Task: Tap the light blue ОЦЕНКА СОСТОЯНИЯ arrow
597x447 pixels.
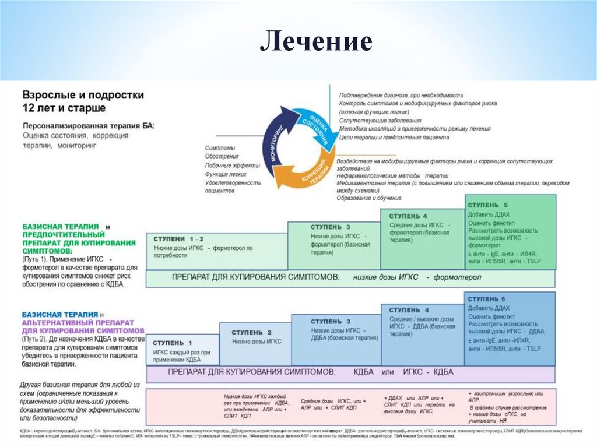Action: click(315, 123)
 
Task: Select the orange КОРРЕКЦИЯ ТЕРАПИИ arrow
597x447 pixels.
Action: click(313, 174)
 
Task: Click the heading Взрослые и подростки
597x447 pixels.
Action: click(83, 95)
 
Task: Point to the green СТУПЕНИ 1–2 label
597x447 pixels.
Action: click(179, 239)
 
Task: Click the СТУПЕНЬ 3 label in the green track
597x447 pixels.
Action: click(330, 227)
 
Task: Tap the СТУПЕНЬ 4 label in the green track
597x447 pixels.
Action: click(408, 216)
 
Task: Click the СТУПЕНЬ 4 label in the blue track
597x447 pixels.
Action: click(409, 310)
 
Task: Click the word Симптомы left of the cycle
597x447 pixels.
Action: click(220, 148)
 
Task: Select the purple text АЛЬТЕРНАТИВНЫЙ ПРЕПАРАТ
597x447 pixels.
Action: click(78, 322)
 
